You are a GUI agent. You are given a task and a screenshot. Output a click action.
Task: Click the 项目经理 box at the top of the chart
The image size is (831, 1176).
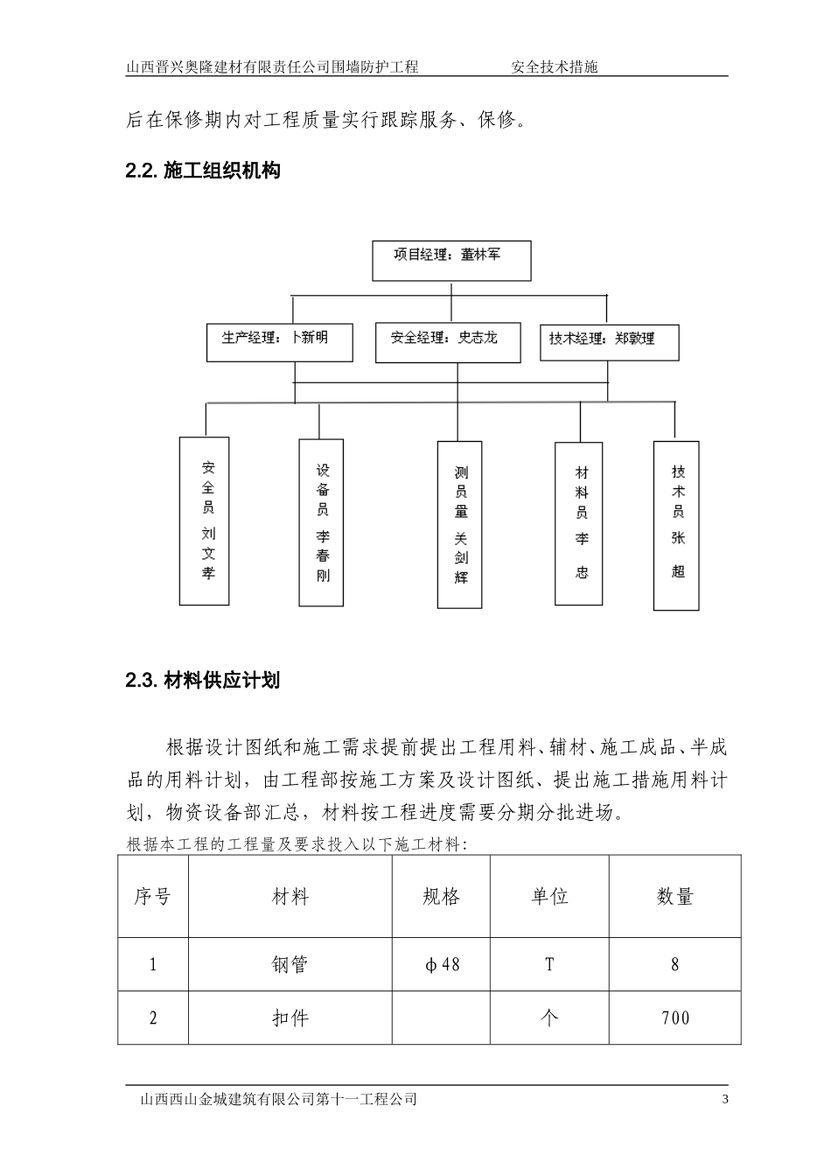click(450, 260)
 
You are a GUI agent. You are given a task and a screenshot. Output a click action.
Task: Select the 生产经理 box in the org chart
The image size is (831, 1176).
click(279, 342)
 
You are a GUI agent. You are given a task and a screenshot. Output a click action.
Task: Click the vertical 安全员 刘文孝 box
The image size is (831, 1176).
click(204, 521)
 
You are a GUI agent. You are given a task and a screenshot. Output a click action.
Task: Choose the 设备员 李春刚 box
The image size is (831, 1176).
click(321, 522)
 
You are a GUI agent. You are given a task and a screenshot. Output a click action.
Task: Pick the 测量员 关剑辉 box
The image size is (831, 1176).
click(460, 524)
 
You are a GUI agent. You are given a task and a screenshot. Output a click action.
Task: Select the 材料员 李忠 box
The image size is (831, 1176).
click(579, 522)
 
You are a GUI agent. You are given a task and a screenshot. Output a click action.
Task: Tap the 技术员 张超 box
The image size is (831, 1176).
click(676, 525)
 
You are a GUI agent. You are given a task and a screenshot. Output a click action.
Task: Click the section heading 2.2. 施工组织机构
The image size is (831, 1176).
click(203, 171)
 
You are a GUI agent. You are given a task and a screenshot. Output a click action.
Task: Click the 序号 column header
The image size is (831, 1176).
click(153, 896)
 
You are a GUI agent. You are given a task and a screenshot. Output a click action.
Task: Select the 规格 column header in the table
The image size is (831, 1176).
click(441, 896)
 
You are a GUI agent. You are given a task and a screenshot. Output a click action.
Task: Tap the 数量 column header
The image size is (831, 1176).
click(674, 896)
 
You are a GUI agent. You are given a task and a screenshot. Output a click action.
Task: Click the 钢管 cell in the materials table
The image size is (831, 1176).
click(290, 965)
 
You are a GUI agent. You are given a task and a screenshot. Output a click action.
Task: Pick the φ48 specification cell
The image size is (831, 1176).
click(441, 965)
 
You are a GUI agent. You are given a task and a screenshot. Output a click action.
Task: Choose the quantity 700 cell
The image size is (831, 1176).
click(674, 1018)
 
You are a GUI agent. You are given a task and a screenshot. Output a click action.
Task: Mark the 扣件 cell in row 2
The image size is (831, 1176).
click(290, 1018)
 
